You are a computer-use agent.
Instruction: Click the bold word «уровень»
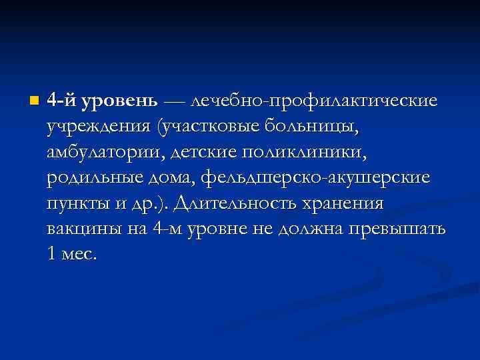[x=119, y=102]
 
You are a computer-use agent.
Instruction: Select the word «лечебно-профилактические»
[x=314, y=101]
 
